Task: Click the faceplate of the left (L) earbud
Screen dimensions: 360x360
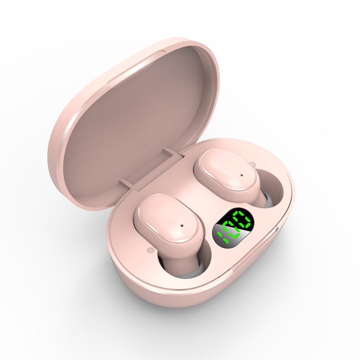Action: pyautogui.click(x=168, y=219)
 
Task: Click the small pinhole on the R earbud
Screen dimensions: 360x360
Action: pyautogui.click(x=241, y=175)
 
